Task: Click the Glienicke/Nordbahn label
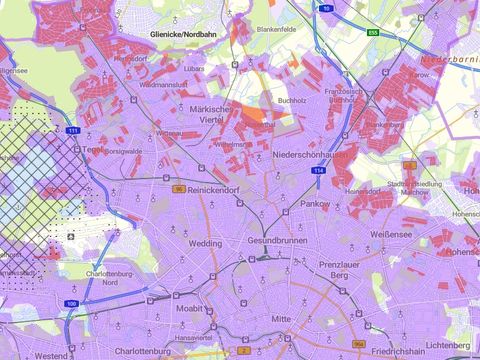pyautogui.click(x=183, y=33)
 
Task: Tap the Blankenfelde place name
pyautogui.click(x=278, y=30)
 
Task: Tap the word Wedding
pyautogui.click(x=206, y=243)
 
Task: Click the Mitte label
pyautogui.click(x=281, y=319)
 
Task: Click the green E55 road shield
pyautogui.click(x=372, y=32)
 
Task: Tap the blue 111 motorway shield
pyautogui.click(x=73, y=131)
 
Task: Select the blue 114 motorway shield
pyautogui.click(x=318, y=172)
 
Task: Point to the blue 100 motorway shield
pyautogui.click(x=327, y=7)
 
